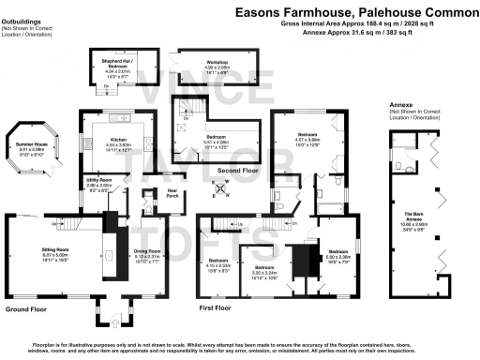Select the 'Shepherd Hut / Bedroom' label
click(117, 62)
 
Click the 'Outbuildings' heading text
click(23, 9)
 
